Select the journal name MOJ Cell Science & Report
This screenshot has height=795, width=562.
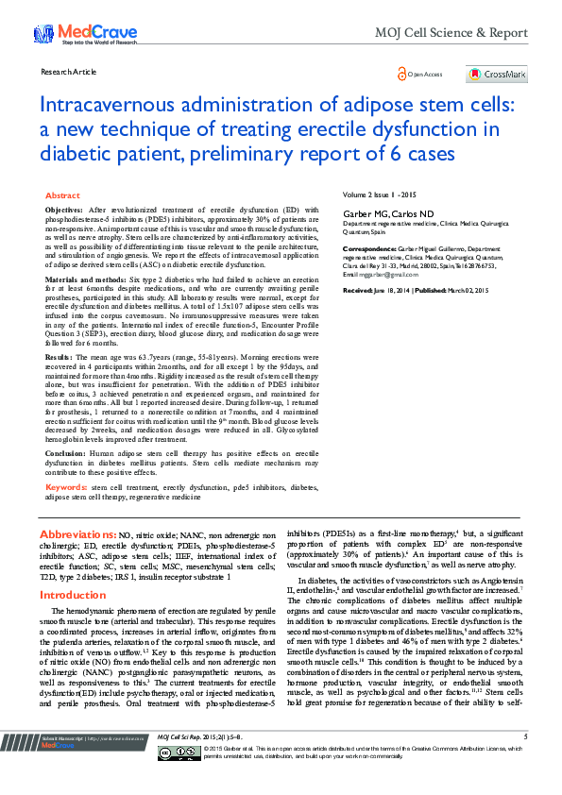click(451, 33)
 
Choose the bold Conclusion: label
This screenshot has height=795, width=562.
click(66, 452)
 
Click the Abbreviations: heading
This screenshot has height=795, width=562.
click(78, 533)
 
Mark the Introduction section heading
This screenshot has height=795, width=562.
click(72, 595)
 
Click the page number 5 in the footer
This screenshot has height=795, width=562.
click(524, 762)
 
